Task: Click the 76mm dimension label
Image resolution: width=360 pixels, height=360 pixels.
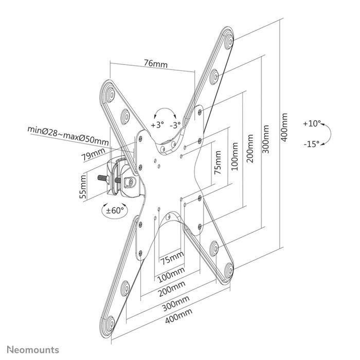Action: click(155, 64)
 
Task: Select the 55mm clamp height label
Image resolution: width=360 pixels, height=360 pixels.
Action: click(83, 188)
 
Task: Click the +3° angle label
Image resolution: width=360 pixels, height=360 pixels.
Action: click(157, 125)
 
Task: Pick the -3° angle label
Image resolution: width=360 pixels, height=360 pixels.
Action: click(176, 125)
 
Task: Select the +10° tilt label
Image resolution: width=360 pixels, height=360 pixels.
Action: click(312, 124)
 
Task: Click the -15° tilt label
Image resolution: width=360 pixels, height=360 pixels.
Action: click(311, 144)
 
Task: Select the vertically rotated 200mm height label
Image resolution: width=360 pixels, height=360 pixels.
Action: click(250, 149)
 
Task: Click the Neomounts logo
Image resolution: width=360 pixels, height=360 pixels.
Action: click(32, 349)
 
